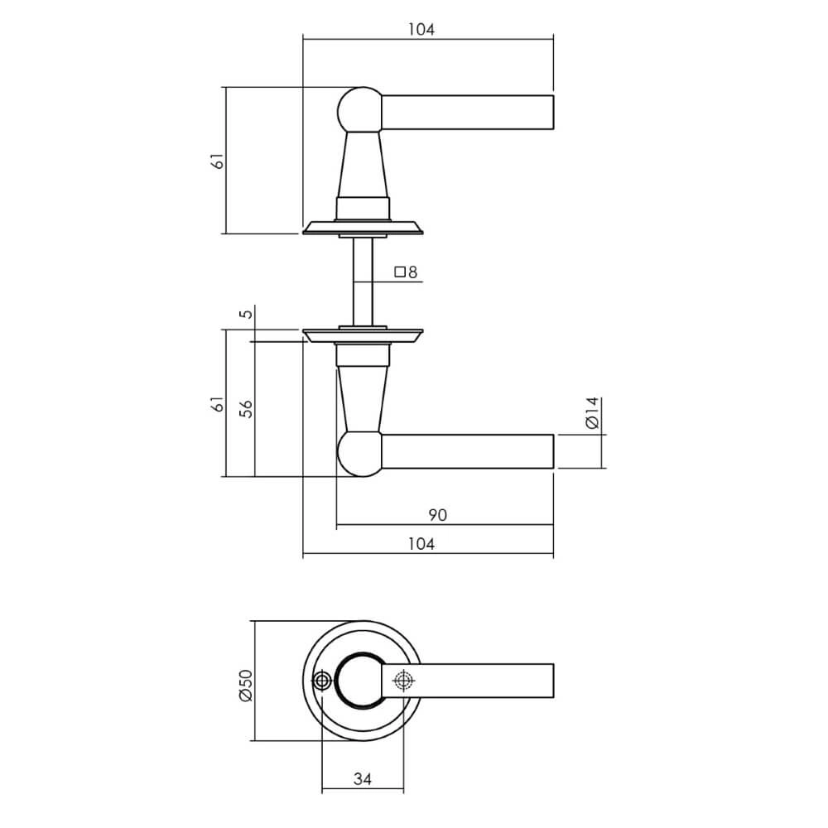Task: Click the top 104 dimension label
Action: coord(421,30)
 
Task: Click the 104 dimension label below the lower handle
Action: coord(421,544)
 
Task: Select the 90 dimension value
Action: coord(438,515)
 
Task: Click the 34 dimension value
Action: coord(363,779)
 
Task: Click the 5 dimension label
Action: coord(244,315)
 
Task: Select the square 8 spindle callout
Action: coord(406,272)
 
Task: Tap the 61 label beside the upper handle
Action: coord(217,161)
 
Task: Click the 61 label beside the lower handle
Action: coord(217,404)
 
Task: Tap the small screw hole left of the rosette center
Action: coord(321,681)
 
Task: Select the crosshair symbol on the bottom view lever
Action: coord(402,681)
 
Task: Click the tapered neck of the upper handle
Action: coord(362,166)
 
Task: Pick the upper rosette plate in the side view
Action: coord(363,227)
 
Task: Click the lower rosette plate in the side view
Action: coord(363,335)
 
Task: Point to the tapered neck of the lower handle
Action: coord(362,397)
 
